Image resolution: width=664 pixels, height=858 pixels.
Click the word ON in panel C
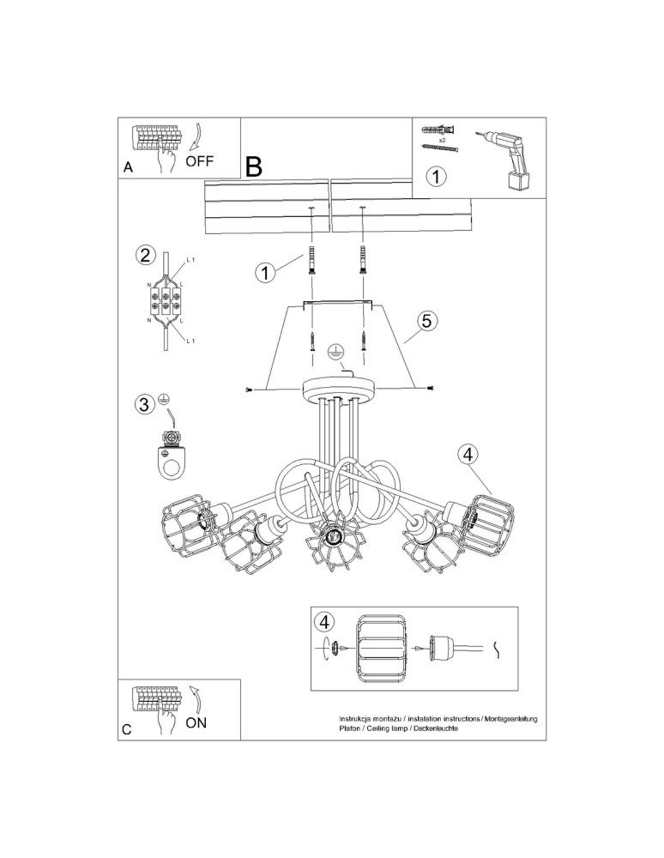point(196,722)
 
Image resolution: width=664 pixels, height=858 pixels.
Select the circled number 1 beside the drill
point(437,178)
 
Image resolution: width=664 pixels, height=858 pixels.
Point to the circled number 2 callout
point(145,255)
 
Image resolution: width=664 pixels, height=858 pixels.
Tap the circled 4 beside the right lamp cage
point(468,456)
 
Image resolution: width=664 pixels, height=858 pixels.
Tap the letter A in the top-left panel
point(128,168)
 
